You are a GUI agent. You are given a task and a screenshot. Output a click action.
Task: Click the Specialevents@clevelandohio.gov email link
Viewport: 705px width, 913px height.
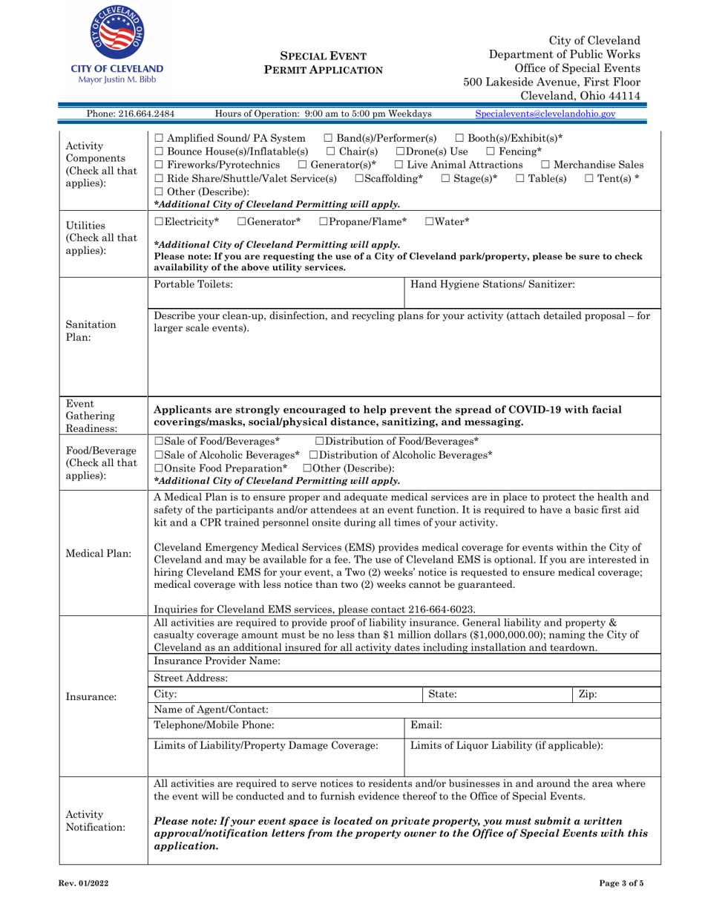(x=545, y=114)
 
